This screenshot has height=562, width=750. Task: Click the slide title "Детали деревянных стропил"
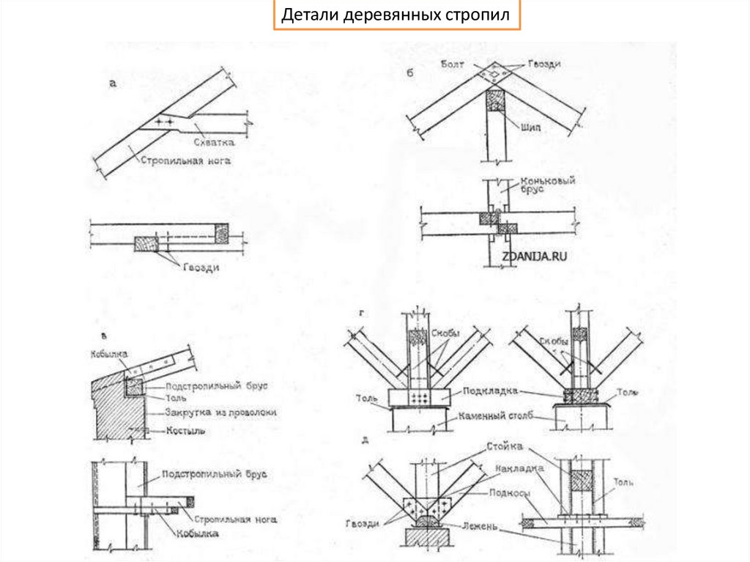pos(396,15)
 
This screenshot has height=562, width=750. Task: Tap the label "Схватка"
pos(214,142)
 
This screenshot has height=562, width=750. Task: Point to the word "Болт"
pos(453,64)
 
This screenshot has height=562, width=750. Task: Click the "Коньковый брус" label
pos(546,186)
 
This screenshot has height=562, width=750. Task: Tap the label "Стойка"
pos(503,446)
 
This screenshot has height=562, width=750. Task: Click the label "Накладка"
pos(519,467)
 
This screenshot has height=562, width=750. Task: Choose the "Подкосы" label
pos(510,493)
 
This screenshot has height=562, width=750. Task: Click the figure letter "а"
pos(113,83)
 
